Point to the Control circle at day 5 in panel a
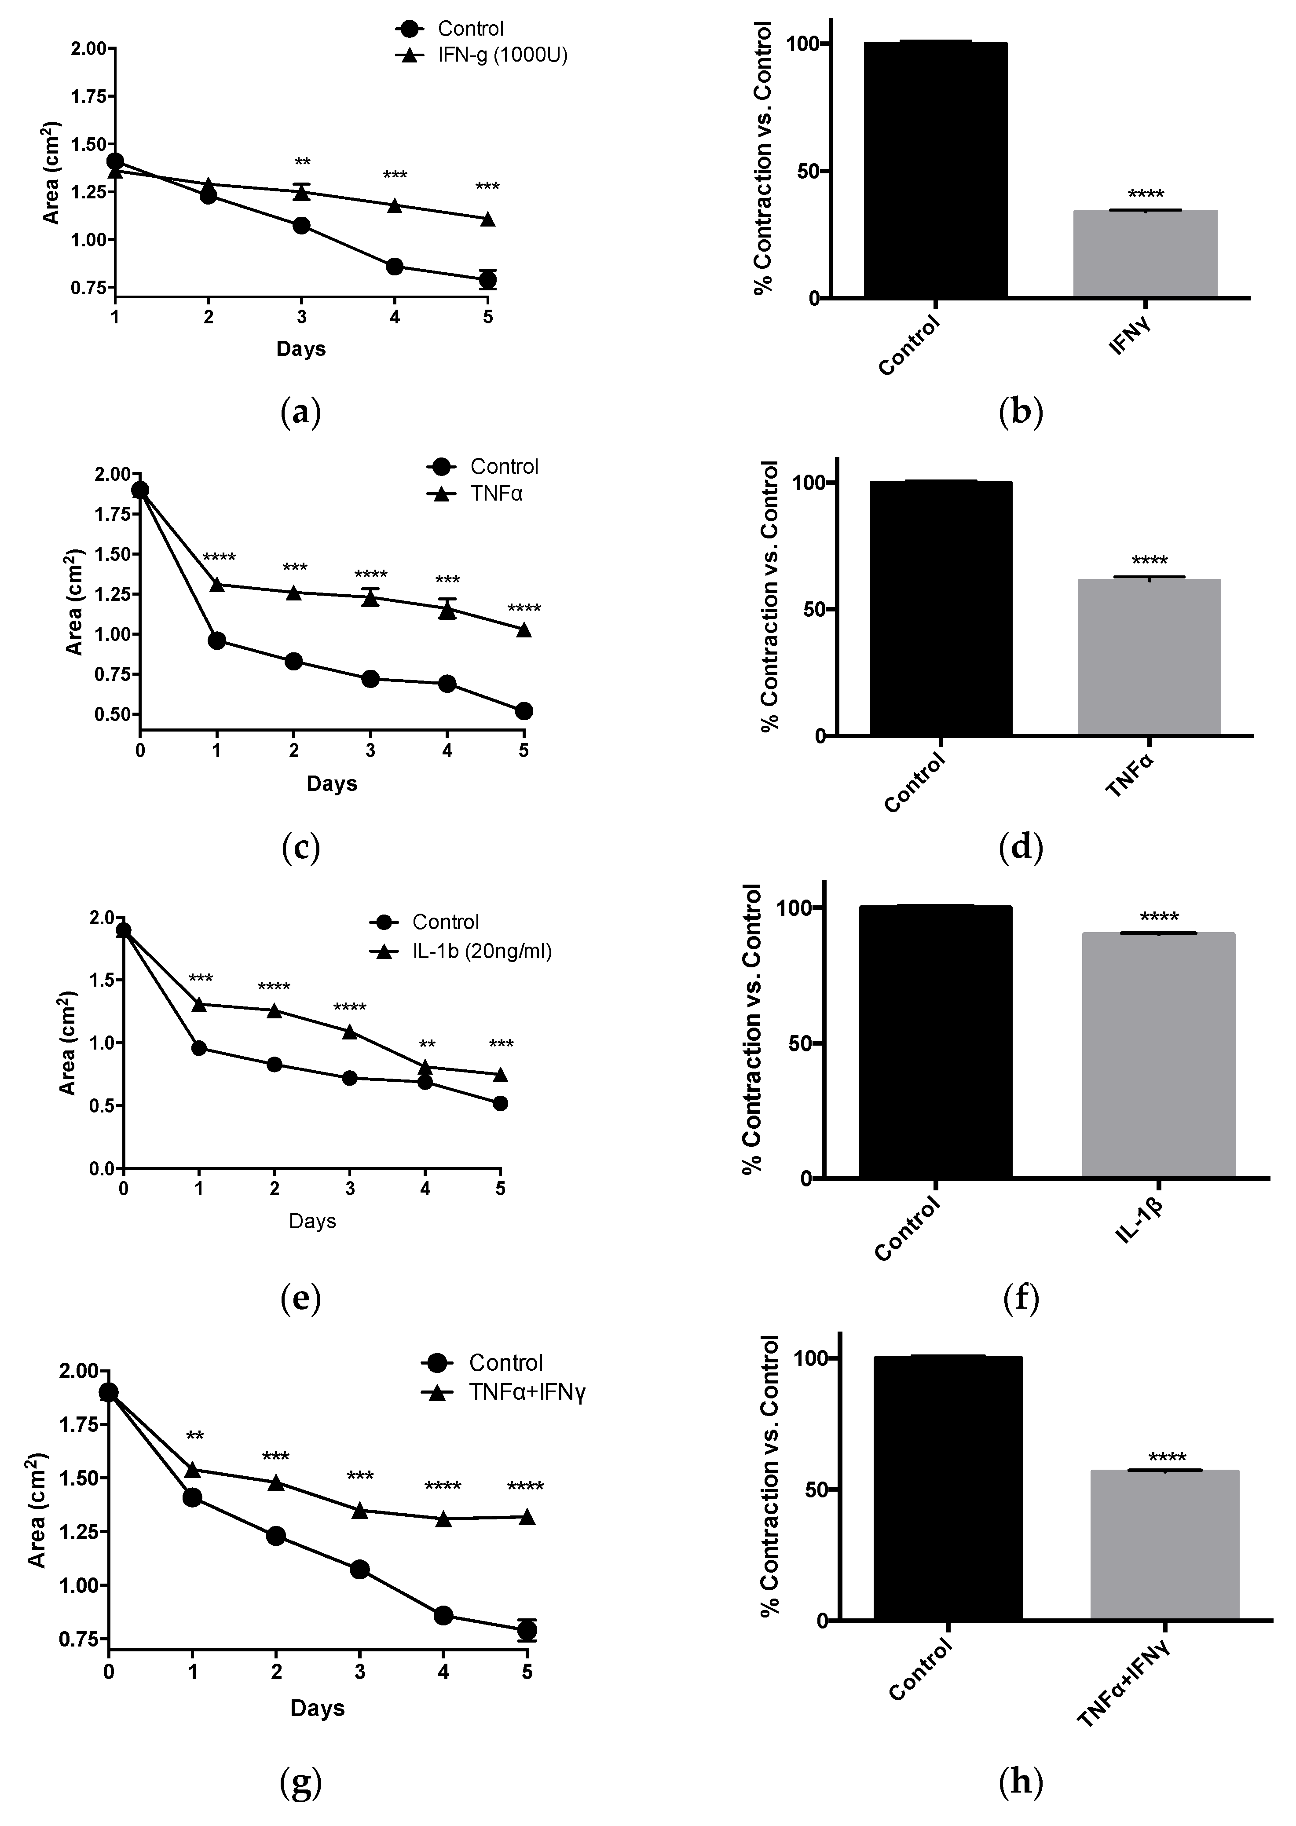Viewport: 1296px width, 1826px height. pyautogui.click(x=487, y=279)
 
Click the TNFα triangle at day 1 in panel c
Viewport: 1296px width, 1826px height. pyautogui.click(x=216, y=584)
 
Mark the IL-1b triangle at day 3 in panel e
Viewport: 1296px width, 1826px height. pyautogui.click(x=350, y=1031)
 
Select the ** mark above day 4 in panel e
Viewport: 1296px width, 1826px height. pyautogui.click(x=427, y=1045)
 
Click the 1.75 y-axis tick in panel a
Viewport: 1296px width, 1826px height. pyautogui.click(x=88, y=97)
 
